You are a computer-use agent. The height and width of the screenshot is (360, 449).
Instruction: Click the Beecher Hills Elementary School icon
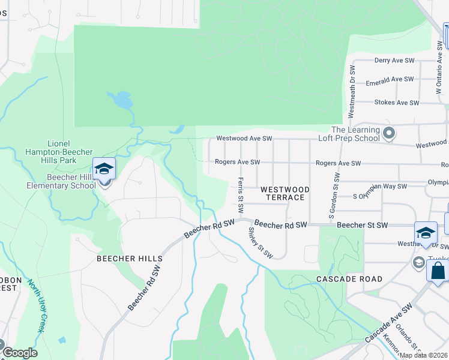104,169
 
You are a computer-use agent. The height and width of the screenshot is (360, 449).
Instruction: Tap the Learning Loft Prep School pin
389,133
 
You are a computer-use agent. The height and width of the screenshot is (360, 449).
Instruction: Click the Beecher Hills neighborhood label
130,259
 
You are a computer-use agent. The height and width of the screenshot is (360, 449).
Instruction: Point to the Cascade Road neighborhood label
349,279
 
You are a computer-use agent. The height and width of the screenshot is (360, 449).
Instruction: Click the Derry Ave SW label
394,61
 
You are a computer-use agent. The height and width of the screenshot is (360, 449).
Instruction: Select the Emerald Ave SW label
394,79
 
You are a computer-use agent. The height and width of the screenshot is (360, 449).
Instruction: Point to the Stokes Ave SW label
396,103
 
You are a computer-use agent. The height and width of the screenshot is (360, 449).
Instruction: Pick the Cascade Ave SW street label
389,322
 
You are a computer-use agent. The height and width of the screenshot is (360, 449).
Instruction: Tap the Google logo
19,353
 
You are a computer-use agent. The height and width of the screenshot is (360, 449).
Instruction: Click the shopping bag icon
438,270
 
